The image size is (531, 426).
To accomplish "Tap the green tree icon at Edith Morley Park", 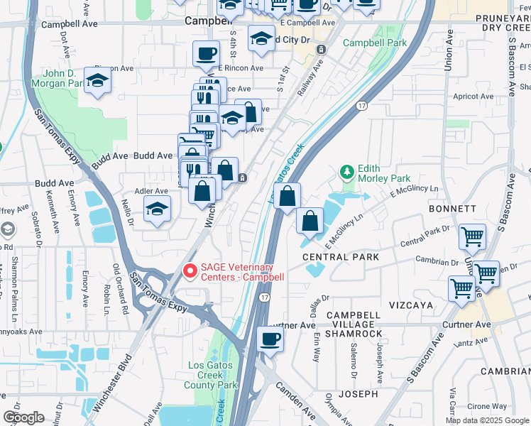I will [x=346, y=172].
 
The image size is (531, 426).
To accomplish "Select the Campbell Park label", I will [x=375, y=43].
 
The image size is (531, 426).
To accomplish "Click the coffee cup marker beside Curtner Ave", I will [x=270, y=339].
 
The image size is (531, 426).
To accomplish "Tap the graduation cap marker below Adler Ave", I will [x=158, y=209].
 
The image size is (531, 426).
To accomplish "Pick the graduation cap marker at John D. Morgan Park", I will [x=98, y=80].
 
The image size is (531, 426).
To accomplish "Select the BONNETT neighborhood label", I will [x=451, y=209].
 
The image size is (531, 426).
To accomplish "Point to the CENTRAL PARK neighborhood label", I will [x=335, y=256].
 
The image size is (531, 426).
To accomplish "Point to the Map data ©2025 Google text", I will [x=487, y=420].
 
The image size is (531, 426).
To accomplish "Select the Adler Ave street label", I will [x=150, y=191].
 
